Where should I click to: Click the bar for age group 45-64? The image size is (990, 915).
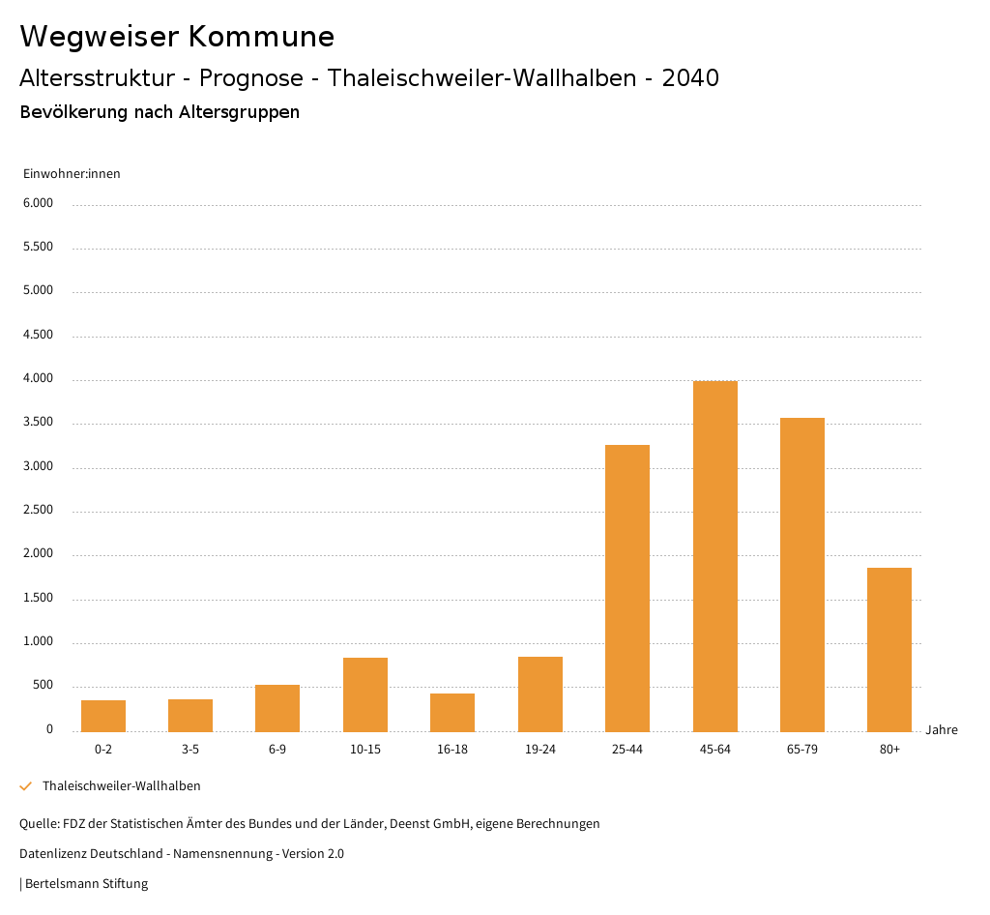coord(714,556)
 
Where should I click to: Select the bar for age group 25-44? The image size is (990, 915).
coord(627,588)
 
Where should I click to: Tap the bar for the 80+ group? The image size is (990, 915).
coord(889,650)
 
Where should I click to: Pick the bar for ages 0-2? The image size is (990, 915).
coord(103,716)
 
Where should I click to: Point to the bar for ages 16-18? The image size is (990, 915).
coord(452,713)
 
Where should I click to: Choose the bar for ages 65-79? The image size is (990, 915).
coord(802,575)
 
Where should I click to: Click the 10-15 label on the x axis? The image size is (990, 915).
coord(365,750)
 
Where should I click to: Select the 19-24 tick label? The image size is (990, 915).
coord(540,750)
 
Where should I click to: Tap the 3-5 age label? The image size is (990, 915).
coord(190,750)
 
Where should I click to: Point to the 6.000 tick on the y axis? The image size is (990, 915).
coord(38,203)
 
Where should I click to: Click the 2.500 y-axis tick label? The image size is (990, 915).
coord(38,511)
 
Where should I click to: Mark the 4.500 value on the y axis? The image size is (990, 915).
coord(38,335)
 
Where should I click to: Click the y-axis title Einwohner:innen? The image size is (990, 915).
coord(72,174)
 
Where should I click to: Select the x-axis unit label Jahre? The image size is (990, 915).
coord(942,730)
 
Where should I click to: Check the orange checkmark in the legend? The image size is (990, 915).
coord(26,786)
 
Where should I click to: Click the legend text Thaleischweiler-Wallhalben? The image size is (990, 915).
coord(122,786)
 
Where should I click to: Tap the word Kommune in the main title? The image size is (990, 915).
coord(261,37)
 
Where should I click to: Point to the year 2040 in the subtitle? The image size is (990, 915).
coord(690,78)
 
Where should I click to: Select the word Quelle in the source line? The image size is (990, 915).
coord(38,824)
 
